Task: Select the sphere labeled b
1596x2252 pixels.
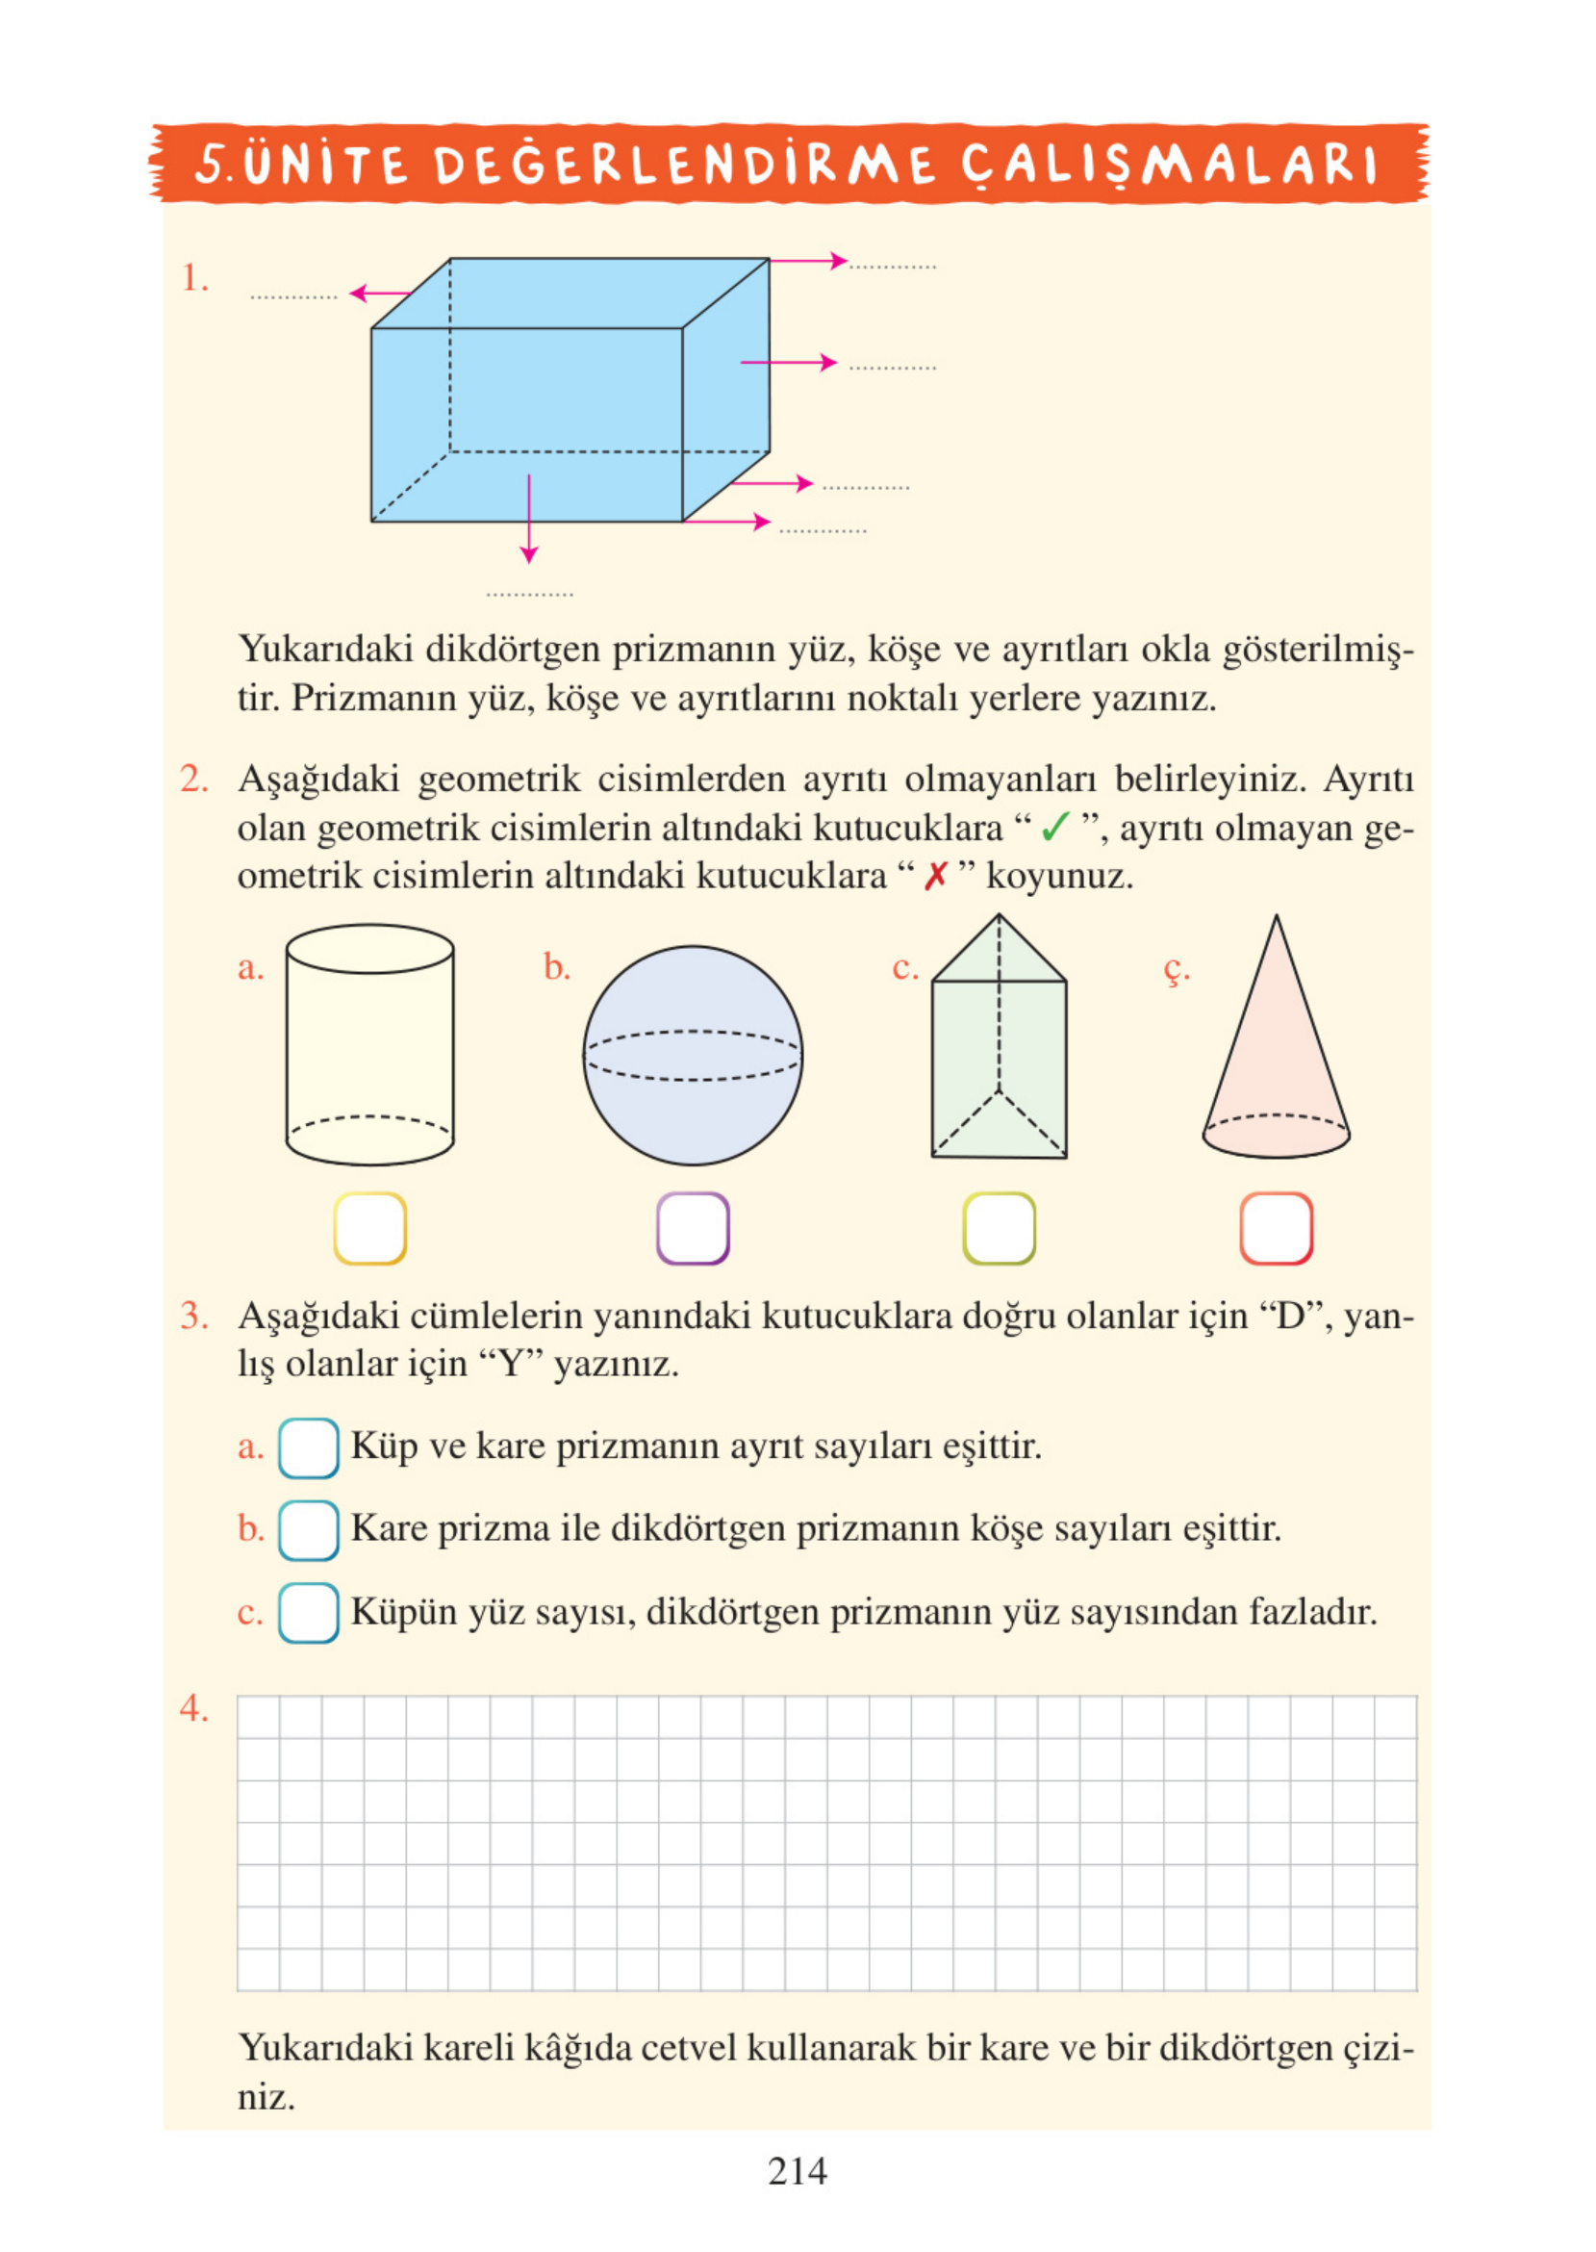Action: pyautogui.click(x=692, y=1056)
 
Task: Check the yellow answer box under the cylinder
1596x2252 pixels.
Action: pyautogui.click(x=369, y=1228)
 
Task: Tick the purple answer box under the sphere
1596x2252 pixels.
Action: pyautogui.click(x=692, y=1228)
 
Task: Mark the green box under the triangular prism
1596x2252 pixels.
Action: pyautogui.click(x=999, y=1228)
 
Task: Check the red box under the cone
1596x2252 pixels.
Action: pyautogui.click(x=1276, y=1228)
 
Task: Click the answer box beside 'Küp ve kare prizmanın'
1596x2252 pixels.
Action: pyautogui.click(x=308, y=1448)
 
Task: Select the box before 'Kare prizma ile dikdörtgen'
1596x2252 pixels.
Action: pyautogui.click(x=308, y=1529)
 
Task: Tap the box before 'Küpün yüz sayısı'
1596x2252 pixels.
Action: pyautogui.click(x=308, y=1612)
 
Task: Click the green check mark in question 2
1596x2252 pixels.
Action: pyautogui.click(x=1054, y=828)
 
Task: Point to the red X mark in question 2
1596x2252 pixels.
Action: pyautogui.click(x=934, y=876)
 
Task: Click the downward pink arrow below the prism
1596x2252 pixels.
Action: pyautogui.click(x=529, y=521)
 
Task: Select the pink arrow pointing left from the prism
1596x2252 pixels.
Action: pyautogui.click(x=379, y=293)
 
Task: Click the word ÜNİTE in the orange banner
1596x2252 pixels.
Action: pyautogui.click(x=324, y=166)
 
